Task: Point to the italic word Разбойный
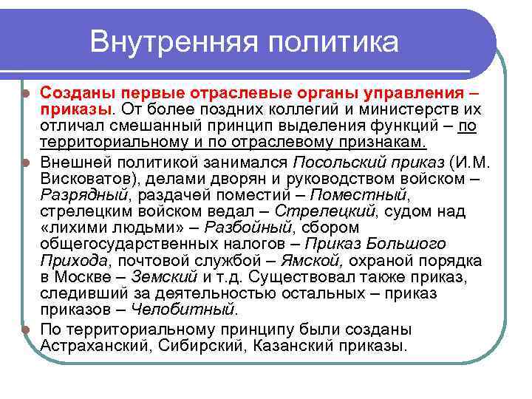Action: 248,228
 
